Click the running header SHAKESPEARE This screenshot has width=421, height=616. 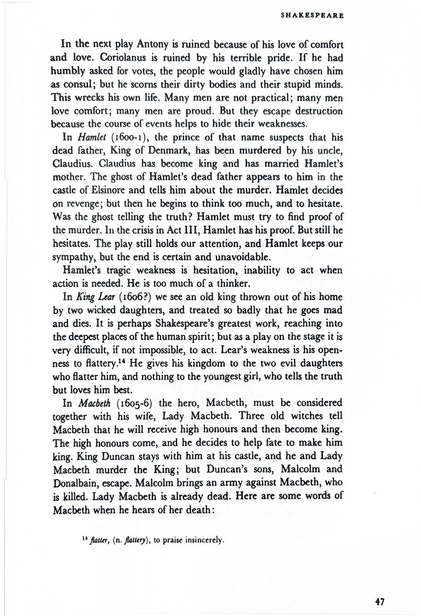[x=312, y=15]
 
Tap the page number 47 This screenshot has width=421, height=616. [x=380, y=602]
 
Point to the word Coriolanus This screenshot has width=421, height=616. [x=124, y=58]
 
